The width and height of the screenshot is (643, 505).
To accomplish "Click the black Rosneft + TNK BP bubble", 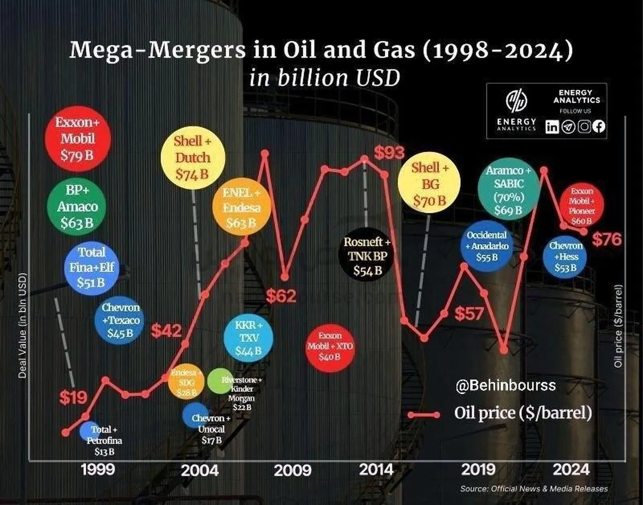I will point(368,256).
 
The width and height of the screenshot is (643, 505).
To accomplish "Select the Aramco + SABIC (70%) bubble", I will point(507,189).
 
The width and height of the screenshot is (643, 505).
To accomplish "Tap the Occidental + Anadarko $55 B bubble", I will point(487,246).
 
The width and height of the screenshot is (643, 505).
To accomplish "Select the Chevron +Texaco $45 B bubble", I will point(121,320).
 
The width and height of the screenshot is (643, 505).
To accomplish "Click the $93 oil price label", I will point(389,153).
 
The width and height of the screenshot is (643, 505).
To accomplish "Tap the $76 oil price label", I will point(607,239).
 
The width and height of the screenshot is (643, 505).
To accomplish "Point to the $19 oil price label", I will point(72,397).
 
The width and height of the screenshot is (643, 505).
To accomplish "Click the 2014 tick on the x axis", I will point(376,470).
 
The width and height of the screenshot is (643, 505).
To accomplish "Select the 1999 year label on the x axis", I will point(98,470).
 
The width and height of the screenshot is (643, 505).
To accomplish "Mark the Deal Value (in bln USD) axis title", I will point(22,328).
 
